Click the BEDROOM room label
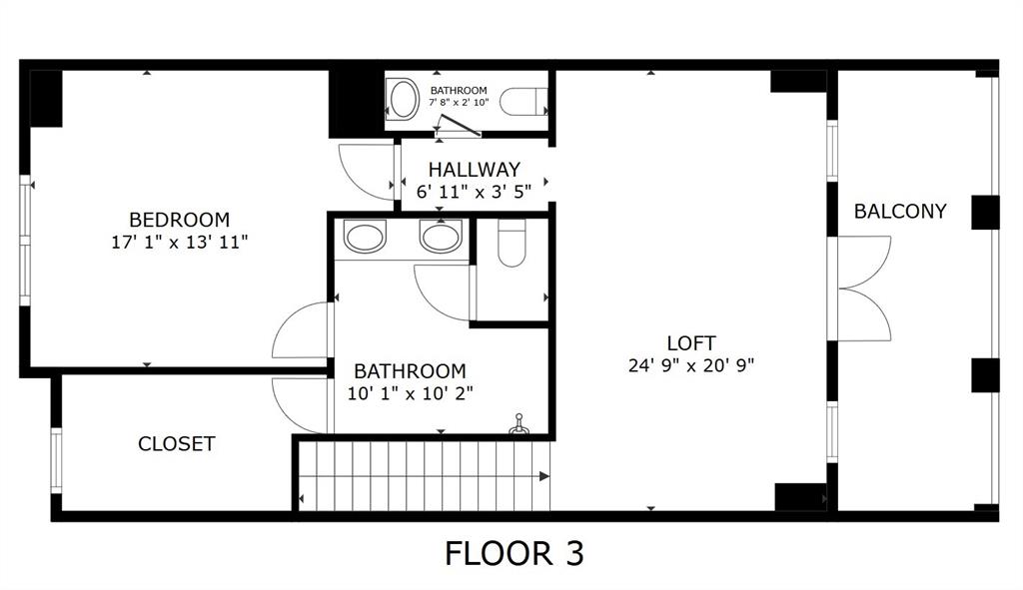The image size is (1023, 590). tap(179, 219)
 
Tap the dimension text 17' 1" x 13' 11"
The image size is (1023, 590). tap(179, 241)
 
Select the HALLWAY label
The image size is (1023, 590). tap(474, 170)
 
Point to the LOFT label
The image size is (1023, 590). tap(691, 343)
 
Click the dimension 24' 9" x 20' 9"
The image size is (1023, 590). tap(691, 365)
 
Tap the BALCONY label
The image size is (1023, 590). tap(899, 212)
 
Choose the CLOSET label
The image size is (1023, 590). tap(176, 444)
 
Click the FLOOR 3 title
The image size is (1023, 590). tap(513, 553)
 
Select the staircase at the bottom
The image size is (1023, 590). tap(425, 476)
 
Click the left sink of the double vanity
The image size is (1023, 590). tap(364, 238)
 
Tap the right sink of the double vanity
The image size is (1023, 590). tap(441, 238)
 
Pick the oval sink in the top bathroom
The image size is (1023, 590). tap(404, 100)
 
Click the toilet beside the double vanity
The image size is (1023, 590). tap(511, 245)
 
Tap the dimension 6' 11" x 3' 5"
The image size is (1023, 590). tap(474, 192)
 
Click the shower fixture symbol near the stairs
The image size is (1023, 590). tap(517, 426)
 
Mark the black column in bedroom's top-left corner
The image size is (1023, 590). tap(46, 98)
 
